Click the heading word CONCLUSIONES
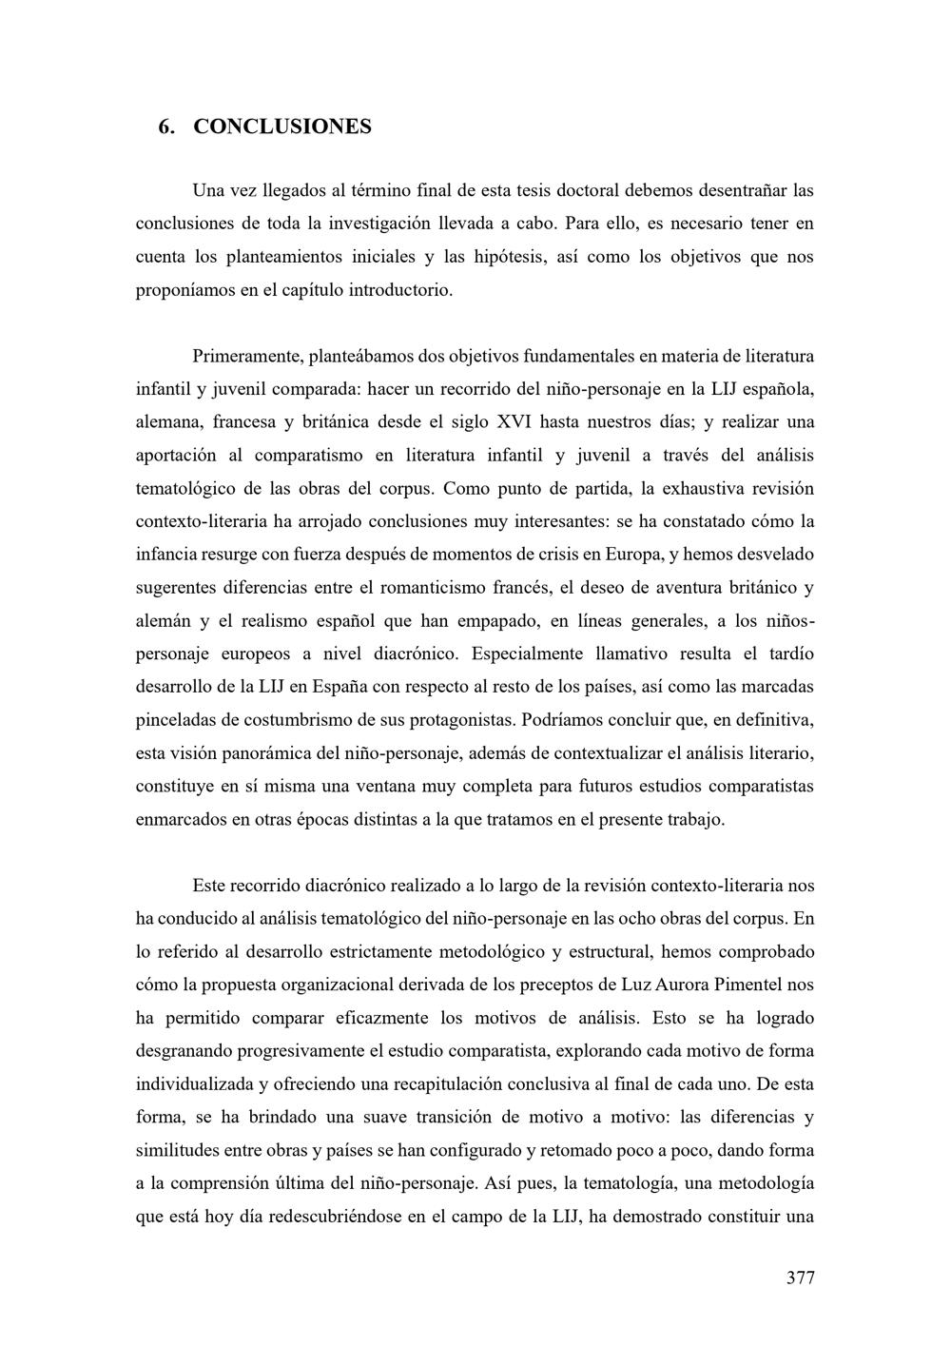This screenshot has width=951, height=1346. click(282, 127)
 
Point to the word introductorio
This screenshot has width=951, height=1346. click(403, 290)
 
